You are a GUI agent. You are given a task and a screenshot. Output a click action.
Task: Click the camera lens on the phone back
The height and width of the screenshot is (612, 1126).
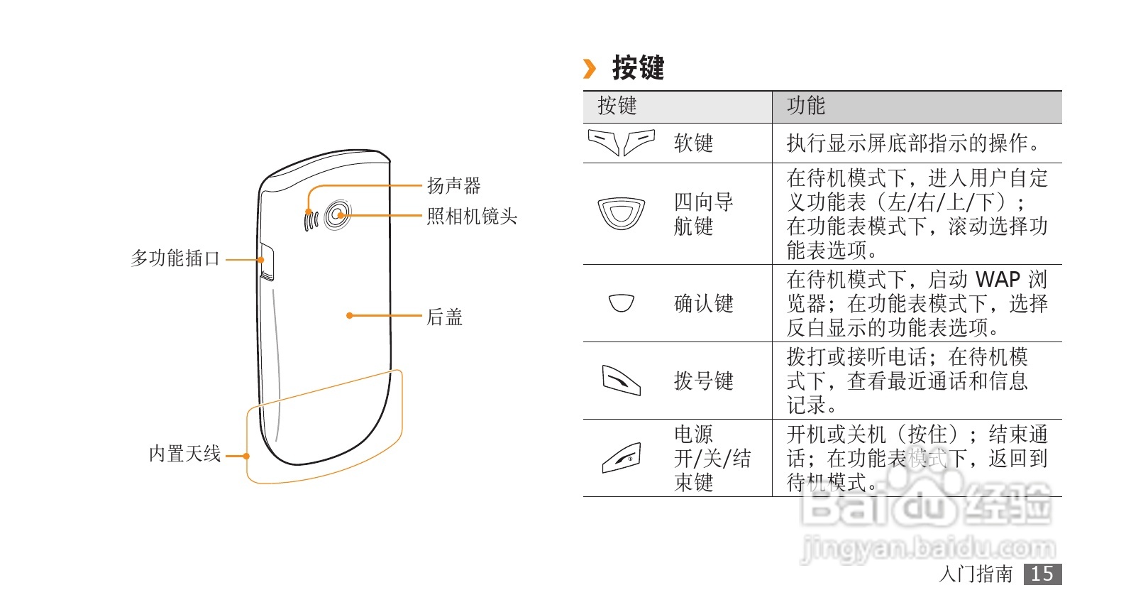(338, 215)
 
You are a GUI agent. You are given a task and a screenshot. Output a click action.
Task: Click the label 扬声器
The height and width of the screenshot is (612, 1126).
(453, 186)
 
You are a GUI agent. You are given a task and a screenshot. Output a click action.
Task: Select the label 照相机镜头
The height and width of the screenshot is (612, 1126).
(472, 217)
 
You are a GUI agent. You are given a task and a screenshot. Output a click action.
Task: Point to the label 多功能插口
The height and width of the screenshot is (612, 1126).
(175, 258)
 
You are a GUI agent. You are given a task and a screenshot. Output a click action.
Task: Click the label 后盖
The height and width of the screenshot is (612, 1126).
(444, 317)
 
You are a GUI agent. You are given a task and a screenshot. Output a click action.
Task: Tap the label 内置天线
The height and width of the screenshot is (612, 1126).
(184, 454)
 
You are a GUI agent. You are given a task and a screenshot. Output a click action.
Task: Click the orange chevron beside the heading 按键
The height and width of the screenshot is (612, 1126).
(590, 69)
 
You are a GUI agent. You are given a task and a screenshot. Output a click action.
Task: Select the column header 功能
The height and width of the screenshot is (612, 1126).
(805, 106)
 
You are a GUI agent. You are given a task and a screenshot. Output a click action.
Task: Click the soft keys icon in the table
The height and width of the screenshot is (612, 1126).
(621, 142)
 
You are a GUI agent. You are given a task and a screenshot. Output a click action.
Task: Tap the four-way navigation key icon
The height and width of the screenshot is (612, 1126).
(621, 213)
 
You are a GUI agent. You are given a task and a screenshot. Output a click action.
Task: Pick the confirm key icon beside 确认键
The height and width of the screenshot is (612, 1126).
(621, 303)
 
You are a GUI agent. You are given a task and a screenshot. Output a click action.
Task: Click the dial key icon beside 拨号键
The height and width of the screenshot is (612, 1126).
(621, 380)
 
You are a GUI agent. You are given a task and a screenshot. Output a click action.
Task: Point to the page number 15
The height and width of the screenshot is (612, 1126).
(1042, 574)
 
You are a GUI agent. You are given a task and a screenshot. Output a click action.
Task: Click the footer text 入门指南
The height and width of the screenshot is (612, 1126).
(976, 574)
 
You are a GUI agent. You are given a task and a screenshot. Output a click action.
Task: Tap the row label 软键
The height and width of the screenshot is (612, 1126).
(693, 143)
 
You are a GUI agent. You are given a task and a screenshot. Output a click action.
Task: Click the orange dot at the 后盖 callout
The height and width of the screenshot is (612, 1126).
(349, 315)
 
